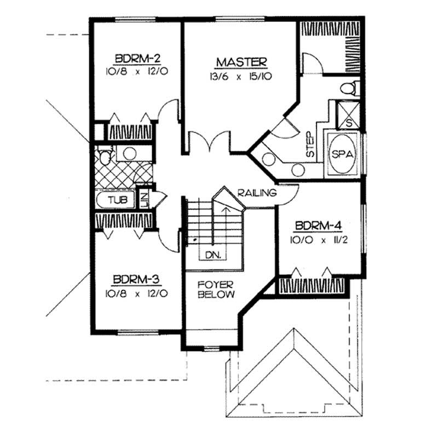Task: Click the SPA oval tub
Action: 342,154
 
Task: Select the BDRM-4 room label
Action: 318,226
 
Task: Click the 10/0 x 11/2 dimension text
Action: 318,240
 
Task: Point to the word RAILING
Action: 257,193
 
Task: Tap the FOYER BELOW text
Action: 216,290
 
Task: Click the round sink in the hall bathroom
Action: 129,153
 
